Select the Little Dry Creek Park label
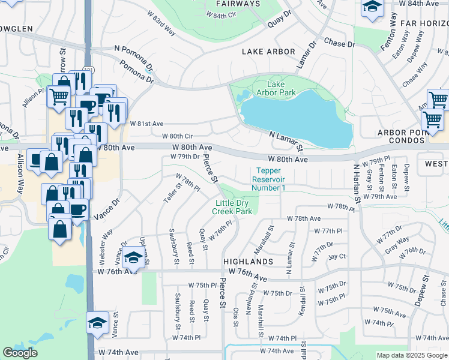(234, 207)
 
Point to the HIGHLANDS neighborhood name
(248, 262)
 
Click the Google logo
(20, 353)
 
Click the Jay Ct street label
(337, 256)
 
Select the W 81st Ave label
(146, 123)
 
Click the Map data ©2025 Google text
(411, 355)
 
